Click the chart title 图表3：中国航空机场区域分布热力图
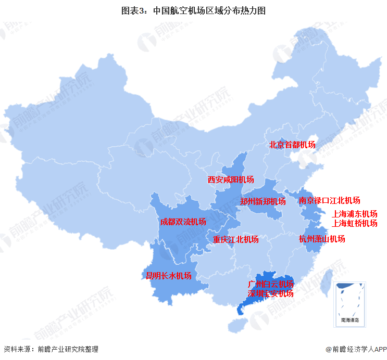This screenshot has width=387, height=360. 193,10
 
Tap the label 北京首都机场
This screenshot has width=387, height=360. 292,145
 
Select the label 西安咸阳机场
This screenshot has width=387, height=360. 231,180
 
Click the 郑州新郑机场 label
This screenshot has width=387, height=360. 263,201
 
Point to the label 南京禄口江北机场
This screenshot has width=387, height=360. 329,200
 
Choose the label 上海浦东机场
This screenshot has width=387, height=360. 354,214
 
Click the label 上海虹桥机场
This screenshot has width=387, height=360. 354,224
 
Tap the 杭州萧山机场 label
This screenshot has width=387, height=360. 322,239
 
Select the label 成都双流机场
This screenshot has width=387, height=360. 183,222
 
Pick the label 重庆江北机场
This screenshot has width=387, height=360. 235,240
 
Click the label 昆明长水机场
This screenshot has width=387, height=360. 168,276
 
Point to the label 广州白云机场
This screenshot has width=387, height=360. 270,284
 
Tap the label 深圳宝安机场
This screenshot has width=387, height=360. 270,294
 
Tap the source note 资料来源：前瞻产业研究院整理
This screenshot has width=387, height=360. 51,350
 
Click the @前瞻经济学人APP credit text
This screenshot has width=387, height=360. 356,350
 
